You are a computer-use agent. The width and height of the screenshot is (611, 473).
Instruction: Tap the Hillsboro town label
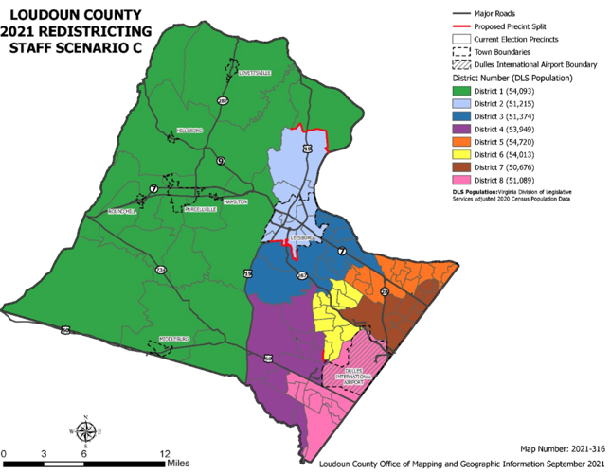coord(190,131)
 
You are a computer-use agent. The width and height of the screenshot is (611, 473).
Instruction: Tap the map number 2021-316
coord(582,448)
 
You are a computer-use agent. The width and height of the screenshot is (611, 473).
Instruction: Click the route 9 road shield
coord(220,161)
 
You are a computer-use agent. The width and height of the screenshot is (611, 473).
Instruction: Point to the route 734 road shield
coord(161,271)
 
